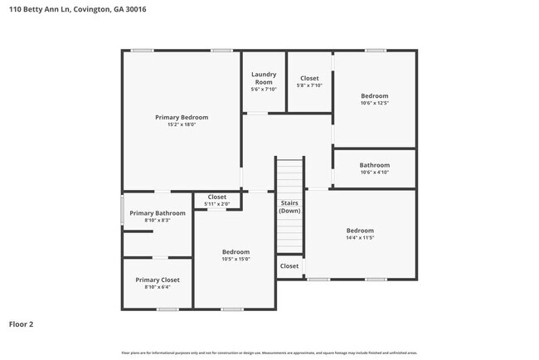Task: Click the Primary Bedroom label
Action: pos(182,118)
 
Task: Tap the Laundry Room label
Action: pos(264,78)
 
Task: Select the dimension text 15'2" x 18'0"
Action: pos(182,125)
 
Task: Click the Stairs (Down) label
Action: pos(289,207)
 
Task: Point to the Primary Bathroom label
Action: pos(158,213)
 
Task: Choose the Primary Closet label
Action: pos(158,280)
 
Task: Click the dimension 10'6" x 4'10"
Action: pos(374,173)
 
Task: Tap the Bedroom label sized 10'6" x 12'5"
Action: pos(374,96)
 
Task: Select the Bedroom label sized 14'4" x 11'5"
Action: pos(360,231)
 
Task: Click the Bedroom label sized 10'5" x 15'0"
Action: pos(236,251)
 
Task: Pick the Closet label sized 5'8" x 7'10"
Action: pos(309,78)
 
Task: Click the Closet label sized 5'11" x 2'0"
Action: pos(217,197)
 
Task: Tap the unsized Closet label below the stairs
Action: pos(289,266)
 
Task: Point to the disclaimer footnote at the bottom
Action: pos(269,353)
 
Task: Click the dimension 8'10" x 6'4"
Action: pos(158,287)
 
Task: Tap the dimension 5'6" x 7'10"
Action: pos(264,90)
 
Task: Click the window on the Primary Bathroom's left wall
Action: pos(123,210)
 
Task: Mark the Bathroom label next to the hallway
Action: pos(374,165)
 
